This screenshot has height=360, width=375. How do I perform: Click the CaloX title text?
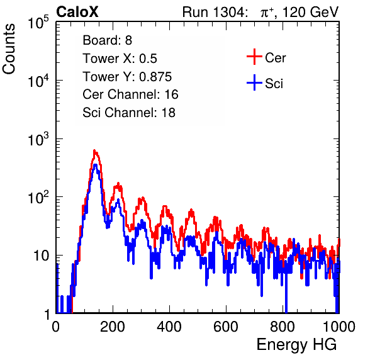pos(77,11)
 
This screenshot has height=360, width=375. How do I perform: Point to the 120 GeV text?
pos(310,12)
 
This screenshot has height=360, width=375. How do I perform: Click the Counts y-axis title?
pos(9,49)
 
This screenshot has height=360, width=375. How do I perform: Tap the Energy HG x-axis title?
pos(296,345)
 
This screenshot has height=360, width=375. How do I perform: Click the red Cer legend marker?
pos(254,57)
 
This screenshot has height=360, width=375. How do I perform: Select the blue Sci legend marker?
pos(254,83)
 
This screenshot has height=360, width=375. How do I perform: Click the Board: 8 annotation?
pos(107,40)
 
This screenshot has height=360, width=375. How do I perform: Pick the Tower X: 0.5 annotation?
pos(120,59)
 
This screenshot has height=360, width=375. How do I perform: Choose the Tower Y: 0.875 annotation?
pos(127,77)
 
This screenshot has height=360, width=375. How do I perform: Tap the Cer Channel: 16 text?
pos(130,94)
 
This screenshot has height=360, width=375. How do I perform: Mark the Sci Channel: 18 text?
pos(129,113)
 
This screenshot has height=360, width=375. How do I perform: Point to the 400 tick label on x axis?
pos(169,327)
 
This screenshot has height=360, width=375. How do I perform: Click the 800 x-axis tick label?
pos(283,327)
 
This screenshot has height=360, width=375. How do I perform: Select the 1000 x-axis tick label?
pos(339,327)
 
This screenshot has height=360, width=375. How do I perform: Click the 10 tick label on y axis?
pos(41,256)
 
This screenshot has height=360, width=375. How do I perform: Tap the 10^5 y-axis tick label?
pos(38,22)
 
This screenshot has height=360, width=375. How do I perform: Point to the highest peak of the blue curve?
pos(96,165)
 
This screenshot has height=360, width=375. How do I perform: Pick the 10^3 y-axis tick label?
pos(38,138)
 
